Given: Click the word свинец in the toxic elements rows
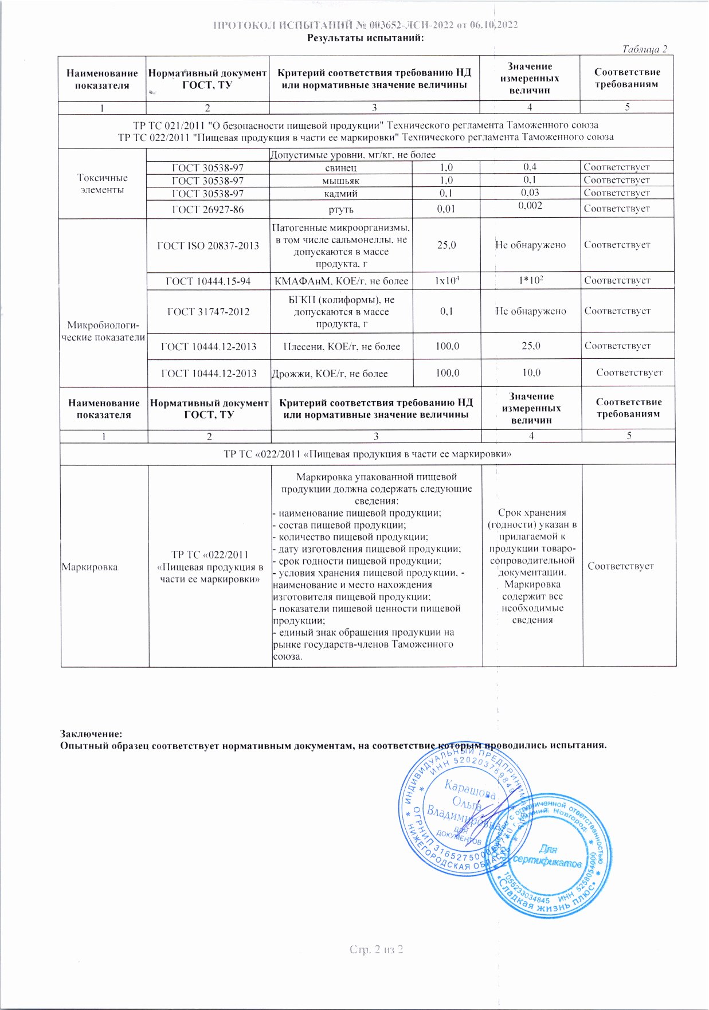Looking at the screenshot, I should pos(341,168).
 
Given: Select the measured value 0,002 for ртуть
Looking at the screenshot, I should pos(530,206).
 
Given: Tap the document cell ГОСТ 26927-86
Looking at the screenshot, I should pos(207,210).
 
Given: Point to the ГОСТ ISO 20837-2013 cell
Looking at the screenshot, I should pos(208,246).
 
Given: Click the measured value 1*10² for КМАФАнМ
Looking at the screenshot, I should pos(531,280).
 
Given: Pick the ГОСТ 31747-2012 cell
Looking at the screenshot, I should pos(208,312).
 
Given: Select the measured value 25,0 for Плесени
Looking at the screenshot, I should pos(531,346).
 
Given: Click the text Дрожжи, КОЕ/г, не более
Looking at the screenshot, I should pos(330,374).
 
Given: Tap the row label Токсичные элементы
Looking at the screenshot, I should pos(102,184).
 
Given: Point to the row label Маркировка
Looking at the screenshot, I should pos(89,567).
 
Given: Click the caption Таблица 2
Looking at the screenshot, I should pos(645,49).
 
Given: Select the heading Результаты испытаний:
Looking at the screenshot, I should pos(366,38).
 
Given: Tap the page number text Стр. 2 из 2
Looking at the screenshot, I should pos(377,950).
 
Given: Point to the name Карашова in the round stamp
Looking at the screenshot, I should pos(470,790).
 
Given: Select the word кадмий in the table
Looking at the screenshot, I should pos(341,194).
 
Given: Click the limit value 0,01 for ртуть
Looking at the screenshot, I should pos(446,209).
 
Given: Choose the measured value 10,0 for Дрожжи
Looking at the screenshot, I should pos(531,373).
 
